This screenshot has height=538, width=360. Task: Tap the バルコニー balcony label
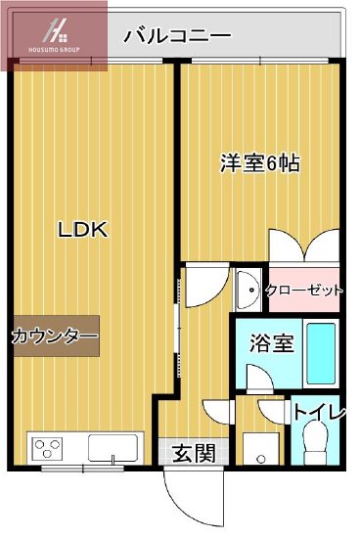(x=177, y=36)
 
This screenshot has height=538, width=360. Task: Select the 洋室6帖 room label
(x=258, y=163)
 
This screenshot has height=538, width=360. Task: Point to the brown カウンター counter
(x=55, y=336)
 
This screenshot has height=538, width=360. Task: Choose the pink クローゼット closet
(x=303, y=290)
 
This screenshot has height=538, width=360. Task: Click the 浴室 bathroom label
(x=272, y=343)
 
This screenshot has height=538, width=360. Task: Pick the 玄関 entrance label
(x=194, y=453)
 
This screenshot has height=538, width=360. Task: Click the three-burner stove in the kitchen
(x=48, y=449)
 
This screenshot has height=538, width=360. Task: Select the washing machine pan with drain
(x=258, y=449)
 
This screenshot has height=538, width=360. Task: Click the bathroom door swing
(x=259, y=377)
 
